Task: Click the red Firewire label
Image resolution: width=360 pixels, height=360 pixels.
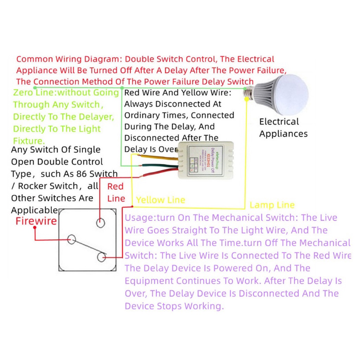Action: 36,221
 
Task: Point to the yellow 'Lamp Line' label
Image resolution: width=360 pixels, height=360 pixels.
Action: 272,205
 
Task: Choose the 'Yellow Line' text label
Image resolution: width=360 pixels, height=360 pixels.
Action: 160,200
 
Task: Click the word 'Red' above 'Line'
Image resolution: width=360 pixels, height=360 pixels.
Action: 116,186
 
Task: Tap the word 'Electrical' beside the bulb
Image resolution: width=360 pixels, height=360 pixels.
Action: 279,122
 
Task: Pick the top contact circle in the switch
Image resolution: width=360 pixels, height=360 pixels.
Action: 101,223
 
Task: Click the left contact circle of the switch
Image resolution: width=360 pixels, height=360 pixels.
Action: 72,239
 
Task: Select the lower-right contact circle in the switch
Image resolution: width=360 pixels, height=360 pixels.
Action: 102,257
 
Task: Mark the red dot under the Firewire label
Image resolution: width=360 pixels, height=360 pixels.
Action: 35,228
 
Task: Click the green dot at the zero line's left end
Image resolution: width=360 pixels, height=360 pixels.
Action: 34,87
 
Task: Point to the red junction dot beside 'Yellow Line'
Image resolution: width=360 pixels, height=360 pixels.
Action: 132,206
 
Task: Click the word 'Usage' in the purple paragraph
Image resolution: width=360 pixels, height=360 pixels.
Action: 137,218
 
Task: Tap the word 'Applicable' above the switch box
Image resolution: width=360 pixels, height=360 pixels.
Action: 34,210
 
